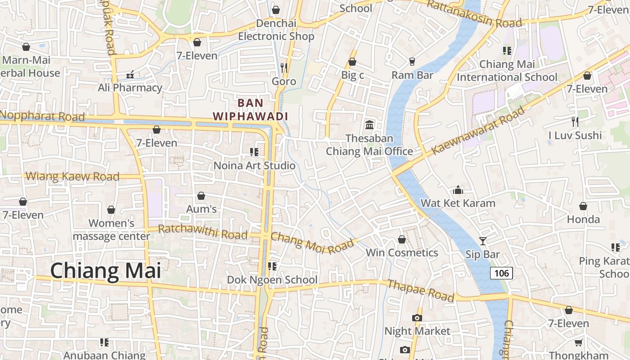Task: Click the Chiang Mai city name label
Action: pyautogui.click(x=105, y=271)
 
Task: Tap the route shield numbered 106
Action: pyautogui.click(x=501, y=273)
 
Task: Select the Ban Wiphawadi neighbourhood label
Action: pyautogui.click(x=250, y=109)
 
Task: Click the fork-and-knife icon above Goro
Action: pyautogui.click(x=284, y=67)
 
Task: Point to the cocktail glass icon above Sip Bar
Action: pyautogui.click(x=482, y=241)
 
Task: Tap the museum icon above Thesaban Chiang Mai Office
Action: pyautogui.click(x=369, y=125)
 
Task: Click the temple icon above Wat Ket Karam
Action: pyautogui.click(x=458, y=190)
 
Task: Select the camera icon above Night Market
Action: pyautogui.click(x=417, y=318)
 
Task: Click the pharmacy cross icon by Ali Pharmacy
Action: pyautogui.click(x=130, y=74)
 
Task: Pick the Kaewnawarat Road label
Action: pyautogui.click(x=478, y=131)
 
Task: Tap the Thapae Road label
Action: pyautogui.click(x=421, y=290)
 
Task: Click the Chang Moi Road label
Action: pyautogui.click(x=312, y=243)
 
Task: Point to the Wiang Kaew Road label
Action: pyautogui.click(x=72, y=176)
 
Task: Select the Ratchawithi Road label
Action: pyautogui.click(x=202, y=232)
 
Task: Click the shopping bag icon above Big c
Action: pyautogui.click(x=352, y=62)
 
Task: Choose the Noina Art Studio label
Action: pyautogui.click(x=254, y=166)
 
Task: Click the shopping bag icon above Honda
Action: pyautogui.click(x=583, y=206)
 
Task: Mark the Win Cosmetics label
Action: pyautogui.click(x=402, y=252)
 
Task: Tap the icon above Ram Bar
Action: pyautogui.click(x=412, y=62)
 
